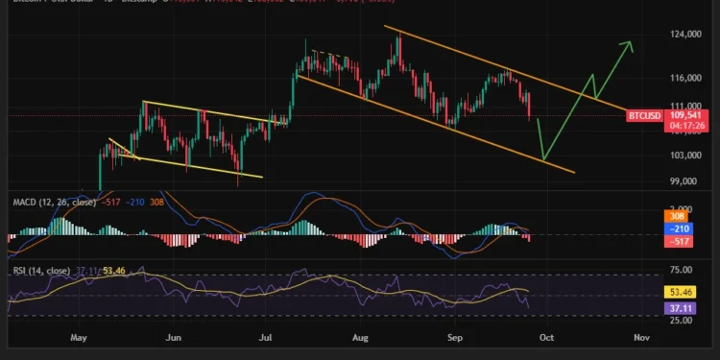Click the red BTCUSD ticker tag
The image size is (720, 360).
coord(643,116)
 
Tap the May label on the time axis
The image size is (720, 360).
coord(79,338)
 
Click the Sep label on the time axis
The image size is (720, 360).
coord(450,338)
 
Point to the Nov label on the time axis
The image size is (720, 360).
coord(642,338)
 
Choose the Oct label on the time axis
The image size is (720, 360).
coord(545,338)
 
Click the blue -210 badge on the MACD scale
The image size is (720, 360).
coord(680,229)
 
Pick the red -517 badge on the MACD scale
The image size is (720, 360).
coord(680,242)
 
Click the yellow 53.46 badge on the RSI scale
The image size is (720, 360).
coord(680,291)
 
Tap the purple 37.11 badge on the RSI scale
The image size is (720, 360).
coord(680,307)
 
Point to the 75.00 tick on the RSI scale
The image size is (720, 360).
coord(680,272)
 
